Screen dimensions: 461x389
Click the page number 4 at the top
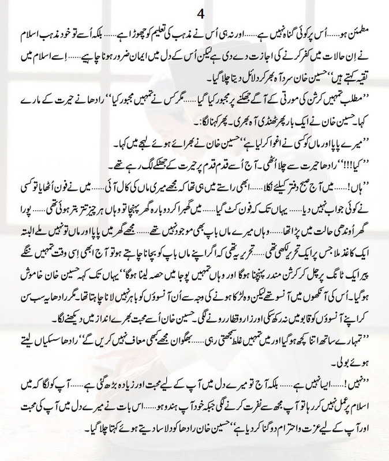click(195, 10)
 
